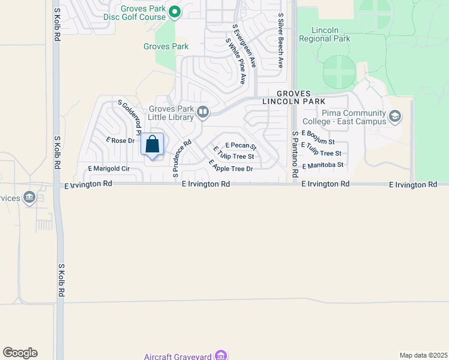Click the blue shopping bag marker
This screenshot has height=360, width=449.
tap(152, 145)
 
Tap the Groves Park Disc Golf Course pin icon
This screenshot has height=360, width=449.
tap(175, 11)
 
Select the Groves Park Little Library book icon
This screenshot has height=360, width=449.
tap(203, 111)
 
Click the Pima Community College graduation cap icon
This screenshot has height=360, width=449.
tap(395, 116)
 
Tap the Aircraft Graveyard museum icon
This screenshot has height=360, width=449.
tap(221, 356)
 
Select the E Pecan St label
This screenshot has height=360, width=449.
tap(240, 146)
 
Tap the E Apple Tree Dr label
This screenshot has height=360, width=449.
tap(231, 166)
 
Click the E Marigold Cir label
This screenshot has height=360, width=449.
tap(109, 169)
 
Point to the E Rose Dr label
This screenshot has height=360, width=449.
tap(119, 140)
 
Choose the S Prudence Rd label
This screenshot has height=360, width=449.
tap(181, 158)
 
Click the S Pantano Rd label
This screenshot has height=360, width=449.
tap(295, 154)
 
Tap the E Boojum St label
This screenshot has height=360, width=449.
tap(318, 137)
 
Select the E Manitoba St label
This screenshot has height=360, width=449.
tap(322, 165)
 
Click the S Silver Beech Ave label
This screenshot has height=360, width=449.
tap(280, 41)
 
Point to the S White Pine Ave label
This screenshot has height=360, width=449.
tap(236, 61)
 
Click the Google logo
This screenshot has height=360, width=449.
tap(20, 353)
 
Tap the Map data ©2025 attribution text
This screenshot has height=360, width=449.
tap(424, 355)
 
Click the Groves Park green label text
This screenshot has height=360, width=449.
tap(166, 46)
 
